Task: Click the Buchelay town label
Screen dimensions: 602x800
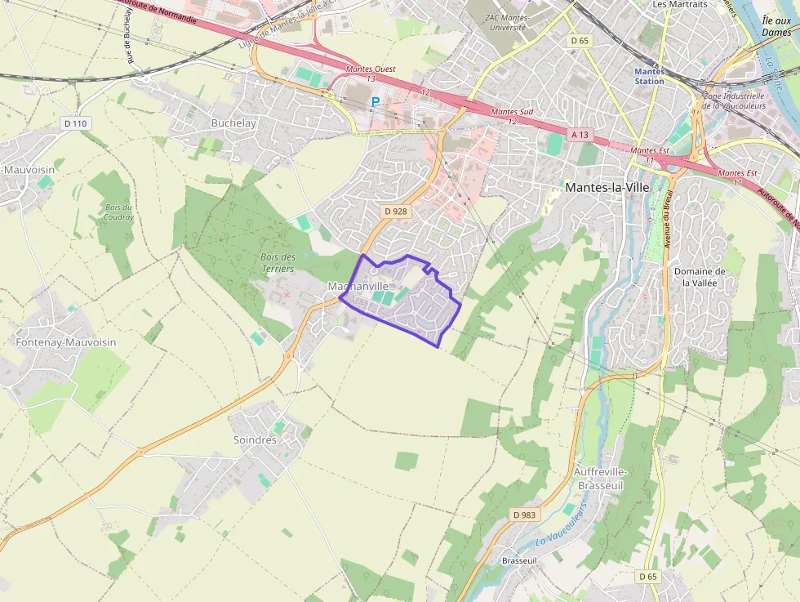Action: click(x=233, y=123)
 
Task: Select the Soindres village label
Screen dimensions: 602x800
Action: click(x=255, y=439)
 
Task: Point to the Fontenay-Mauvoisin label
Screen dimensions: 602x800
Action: click(x=66, y=342)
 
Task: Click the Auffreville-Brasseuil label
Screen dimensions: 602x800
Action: click(x=600, y=479)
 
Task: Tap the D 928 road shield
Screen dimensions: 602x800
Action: click(x=395, y=212)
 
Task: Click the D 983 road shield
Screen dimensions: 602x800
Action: click(x=524, y=515)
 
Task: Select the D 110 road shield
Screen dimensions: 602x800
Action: click(x=74, y=123)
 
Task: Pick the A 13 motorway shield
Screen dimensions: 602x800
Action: click(x=580, y=134)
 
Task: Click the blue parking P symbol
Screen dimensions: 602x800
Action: click(x=376, y=102)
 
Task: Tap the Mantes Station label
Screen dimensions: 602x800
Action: click(x=649, y=76)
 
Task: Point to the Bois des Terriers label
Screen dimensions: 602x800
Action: click(x=278, y=262)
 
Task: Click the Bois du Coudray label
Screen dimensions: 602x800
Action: click(x=118, y=212)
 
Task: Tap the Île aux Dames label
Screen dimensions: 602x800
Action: click(x=776, y=26)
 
